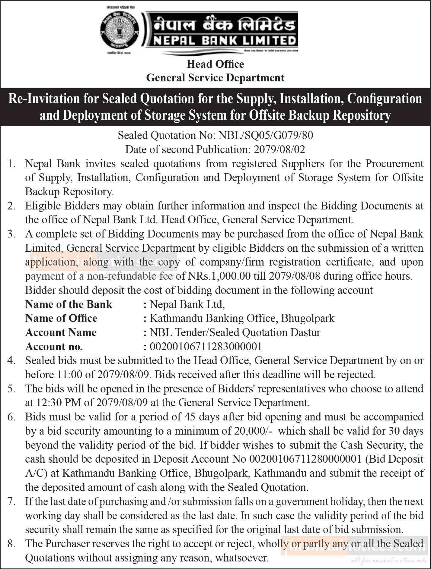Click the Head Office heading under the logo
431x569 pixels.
pos(215,64)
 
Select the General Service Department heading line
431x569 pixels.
pos(215,78)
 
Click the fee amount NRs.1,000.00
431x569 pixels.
pos(220,276)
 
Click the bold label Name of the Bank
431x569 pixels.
pos(69,304)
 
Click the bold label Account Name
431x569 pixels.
pos(61,332)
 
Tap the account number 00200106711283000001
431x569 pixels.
pos(206,347)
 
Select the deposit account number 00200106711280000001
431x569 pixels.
pos(305,459)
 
